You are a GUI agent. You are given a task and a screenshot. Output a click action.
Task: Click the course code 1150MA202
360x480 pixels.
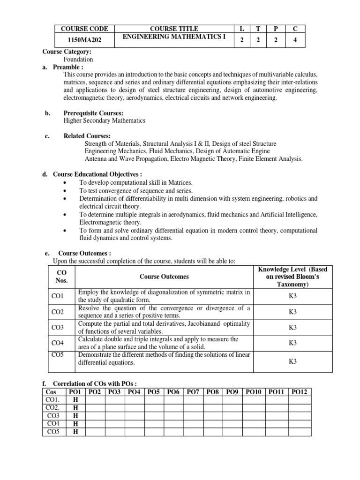(84, 40)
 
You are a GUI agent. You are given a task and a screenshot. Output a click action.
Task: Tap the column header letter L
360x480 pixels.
(241, 29)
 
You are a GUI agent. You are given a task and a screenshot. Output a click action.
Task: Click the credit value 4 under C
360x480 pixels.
(295, 40)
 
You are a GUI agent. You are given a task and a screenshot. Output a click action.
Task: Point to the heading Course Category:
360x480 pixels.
(67, 52)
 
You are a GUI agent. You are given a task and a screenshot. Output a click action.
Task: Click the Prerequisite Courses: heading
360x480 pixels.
(93, 113)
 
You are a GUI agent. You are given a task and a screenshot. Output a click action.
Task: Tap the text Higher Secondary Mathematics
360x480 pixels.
(105, 120)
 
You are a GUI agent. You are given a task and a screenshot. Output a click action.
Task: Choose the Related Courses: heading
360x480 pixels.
(87, 136)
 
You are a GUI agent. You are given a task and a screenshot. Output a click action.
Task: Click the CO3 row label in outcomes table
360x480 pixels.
(58, 327)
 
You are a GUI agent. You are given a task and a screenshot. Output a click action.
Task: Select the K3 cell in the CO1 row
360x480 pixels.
(293, 296)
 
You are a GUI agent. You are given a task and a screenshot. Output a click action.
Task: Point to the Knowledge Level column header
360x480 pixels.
(293, 277)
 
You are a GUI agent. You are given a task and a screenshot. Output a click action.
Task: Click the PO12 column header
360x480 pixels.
(299, 391)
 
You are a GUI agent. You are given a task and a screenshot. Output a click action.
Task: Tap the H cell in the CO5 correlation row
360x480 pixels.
(75, 432)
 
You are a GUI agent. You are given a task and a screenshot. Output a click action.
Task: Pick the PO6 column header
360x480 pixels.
(174, 391)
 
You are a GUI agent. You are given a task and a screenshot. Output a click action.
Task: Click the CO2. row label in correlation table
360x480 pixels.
(53, 407)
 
